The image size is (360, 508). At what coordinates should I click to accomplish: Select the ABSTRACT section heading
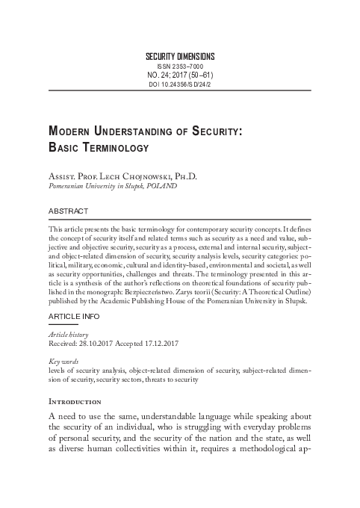tap(68, 211)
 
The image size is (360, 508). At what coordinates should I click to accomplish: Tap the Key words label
tap(63, 362)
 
